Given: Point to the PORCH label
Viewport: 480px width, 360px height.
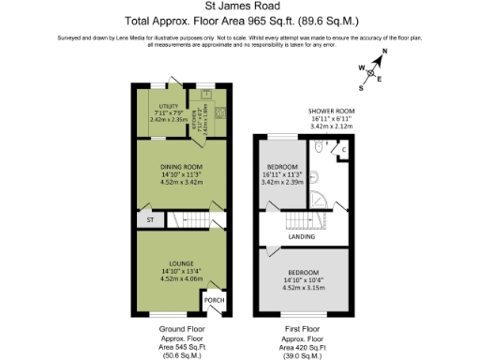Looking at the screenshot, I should (x=215, y=301).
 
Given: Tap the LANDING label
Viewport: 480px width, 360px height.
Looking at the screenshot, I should (x=301, y=236).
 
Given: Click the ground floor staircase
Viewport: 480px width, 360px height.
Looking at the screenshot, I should (x=187, y=221).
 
